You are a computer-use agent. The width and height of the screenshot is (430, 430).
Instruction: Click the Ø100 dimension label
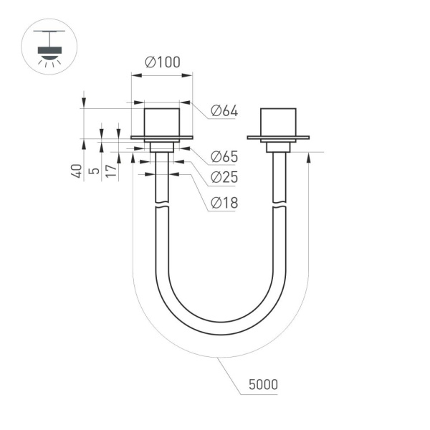coord(162,63)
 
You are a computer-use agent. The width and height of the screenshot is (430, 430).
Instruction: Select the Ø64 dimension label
coord(224,111)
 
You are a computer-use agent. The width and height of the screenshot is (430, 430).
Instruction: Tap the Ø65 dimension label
coord(224,157)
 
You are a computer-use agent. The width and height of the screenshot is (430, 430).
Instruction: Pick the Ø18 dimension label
coord(224,204)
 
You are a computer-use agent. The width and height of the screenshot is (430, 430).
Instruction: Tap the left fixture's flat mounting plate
coord(161,138)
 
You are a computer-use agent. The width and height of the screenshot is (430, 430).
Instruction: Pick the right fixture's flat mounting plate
coord(277,138)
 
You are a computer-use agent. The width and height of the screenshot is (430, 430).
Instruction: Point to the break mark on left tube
coord(161,207)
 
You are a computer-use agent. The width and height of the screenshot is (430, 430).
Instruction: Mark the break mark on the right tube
coord(278,207)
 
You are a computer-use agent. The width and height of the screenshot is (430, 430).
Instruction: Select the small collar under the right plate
coord(277,146)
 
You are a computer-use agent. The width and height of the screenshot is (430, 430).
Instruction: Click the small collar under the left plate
coord(161,146)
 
